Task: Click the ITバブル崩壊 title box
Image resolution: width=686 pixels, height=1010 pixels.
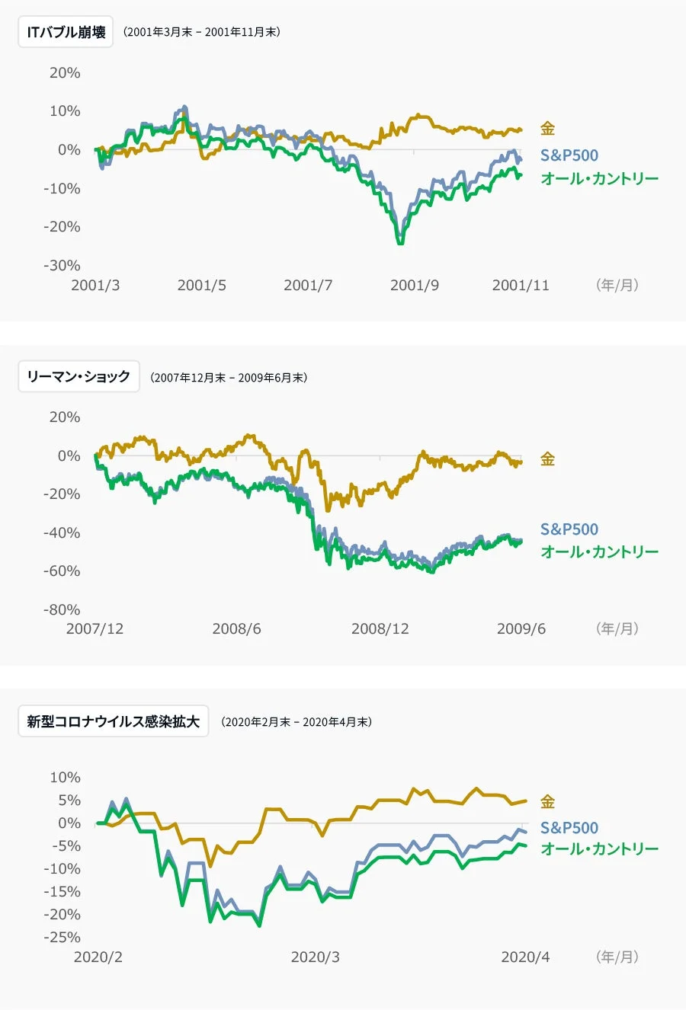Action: click(x=66, y=32)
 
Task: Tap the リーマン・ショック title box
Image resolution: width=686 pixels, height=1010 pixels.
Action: click(x=79, y=376)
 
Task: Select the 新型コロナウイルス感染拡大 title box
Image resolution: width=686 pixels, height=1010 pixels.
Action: click(x=113, y=721)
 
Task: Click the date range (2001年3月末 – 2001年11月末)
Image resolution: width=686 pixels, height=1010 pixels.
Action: click(x=202, y=32)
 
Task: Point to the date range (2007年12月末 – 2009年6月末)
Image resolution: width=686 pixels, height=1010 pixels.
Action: click(x=229, y=377)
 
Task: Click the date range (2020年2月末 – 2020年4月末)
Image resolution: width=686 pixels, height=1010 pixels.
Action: click(x=297, y=722)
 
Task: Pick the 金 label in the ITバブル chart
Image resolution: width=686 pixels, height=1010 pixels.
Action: click(x=547, y=129)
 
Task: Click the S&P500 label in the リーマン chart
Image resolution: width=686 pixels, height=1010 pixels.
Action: click(x=569, y=529)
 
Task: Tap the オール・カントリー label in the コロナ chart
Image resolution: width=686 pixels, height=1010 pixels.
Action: click(x=599, y=849)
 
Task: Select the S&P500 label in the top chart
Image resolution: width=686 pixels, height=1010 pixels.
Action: click(x=569, y=155)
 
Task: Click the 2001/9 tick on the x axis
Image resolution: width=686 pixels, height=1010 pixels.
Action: click(x=414, y=286)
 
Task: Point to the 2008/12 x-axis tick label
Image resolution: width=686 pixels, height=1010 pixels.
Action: click(x=380, y=629)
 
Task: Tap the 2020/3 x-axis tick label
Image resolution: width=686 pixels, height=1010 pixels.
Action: click(x=315, y=957)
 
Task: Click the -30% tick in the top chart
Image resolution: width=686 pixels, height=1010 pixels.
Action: click(x=62, y=265)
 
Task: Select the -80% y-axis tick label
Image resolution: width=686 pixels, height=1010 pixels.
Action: click(x=62, y=609)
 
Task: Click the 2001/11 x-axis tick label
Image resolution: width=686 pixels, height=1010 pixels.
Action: click(x=520, y=286)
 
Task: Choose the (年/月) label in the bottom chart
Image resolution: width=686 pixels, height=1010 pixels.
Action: click(x=617, y=957)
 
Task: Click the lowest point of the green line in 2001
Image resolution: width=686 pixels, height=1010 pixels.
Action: click(x=400, y=243)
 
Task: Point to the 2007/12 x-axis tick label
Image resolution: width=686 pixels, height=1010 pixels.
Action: click(x=95, y=629)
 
